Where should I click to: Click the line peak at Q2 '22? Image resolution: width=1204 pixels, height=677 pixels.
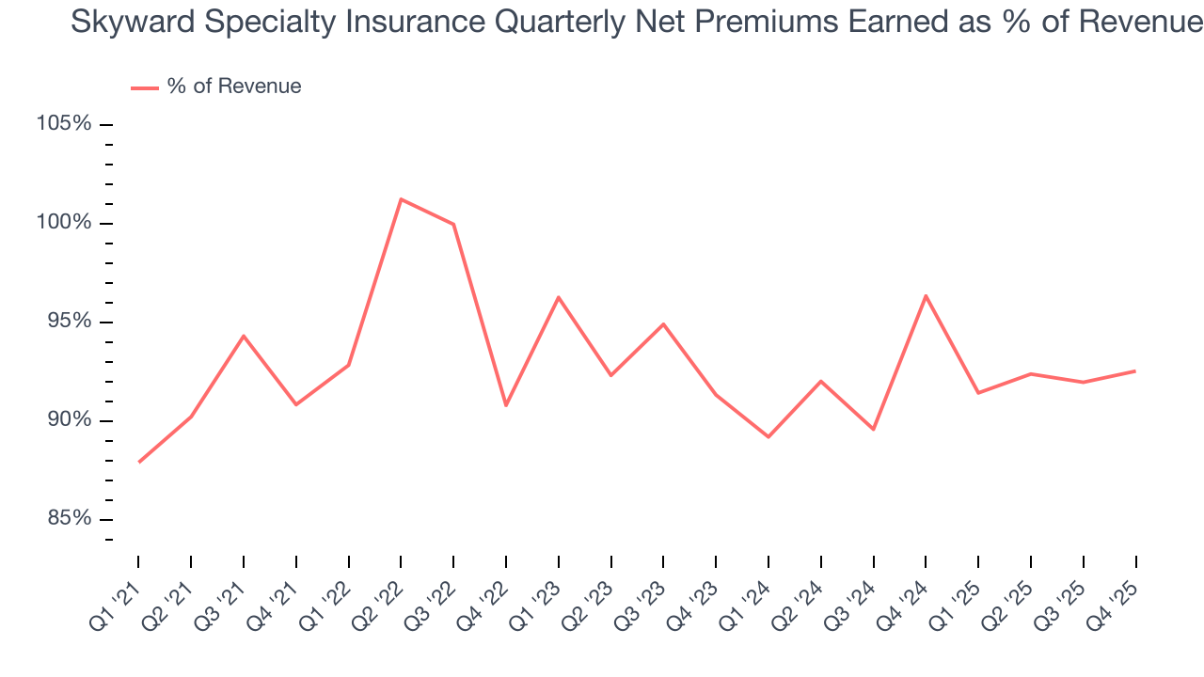tap(401, 199)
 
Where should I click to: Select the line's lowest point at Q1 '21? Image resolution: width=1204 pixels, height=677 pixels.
tap(139, 462)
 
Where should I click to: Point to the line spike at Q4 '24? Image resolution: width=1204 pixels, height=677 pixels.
tap(926, 295)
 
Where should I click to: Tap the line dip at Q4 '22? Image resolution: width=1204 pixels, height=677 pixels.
tap(506, 405)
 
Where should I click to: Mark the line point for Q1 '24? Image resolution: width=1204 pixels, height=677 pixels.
tap(768, 437)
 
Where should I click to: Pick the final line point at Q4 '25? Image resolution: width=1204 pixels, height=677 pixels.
tap(1135, 370)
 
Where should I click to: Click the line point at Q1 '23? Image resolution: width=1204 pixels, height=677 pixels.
tap(559, 297)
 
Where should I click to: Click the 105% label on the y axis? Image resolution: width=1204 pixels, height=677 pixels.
tap(64, 124)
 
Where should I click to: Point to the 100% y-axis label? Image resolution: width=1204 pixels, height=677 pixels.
tap(64, 223)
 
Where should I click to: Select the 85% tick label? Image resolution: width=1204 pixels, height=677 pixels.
tap(67, 519)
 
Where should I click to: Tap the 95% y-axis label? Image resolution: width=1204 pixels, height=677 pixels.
tap(67, 322)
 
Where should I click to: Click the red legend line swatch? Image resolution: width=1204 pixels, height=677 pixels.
tap(145, 87)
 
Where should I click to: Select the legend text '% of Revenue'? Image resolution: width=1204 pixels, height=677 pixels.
tap(234, 87)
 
